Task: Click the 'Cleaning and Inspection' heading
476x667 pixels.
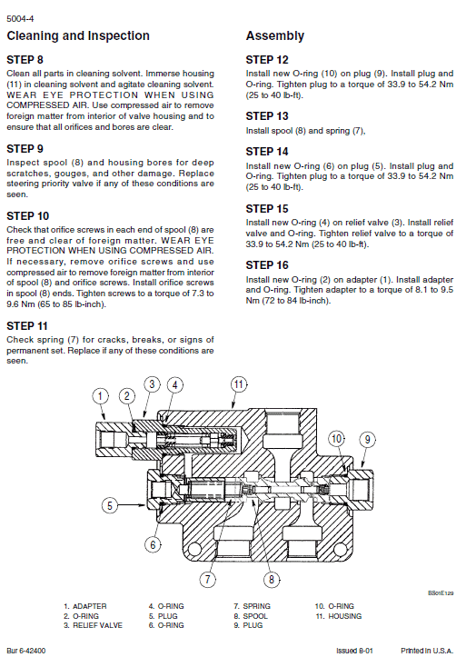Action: click(x=78, y=36)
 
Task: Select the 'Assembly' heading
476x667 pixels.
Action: click(x=275, y=36)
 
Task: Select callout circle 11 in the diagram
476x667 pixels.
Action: click(x=238, y=384)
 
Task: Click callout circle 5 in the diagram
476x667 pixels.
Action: click(x=109, y=504)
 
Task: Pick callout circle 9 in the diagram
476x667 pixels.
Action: click(x=367, y=440)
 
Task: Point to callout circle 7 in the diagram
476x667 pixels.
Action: click(x=208, y=578)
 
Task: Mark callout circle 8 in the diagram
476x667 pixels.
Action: click(x=270, y=578)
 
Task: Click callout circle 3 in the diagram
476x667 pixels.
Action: click(x=153, y=384)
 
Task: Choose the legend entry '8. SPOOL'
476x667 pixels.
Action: click(x=253, y=616)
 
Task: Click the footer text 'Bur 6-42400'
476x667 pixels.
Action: click(x=26, y=652)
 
